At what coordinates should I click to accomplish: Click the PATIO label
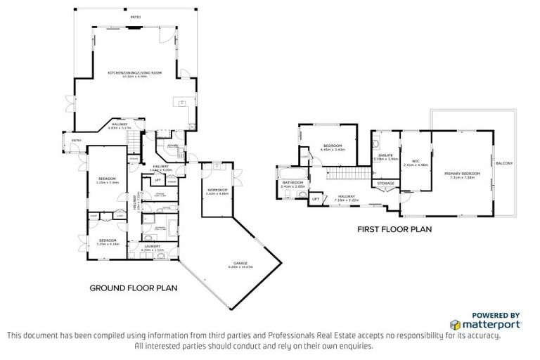(x=135, y=16)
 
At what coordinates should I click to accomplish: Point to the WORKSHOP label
(x=216, y=190)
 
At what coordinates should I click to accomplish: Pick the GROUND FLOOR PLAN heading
(x=133, y=288)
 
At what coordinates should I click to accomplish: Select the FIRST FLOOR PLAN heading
(x=394, y=229)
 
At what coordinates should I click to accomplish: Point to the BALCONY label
(x=503, y=164)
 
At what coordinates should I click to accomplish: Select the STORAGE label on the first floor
(x=385, y=183)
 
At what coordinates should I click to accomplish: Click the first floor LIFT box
(x=316, y=199)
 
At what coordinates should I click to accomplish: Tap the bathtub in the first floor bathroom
(x=290, y=174)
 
